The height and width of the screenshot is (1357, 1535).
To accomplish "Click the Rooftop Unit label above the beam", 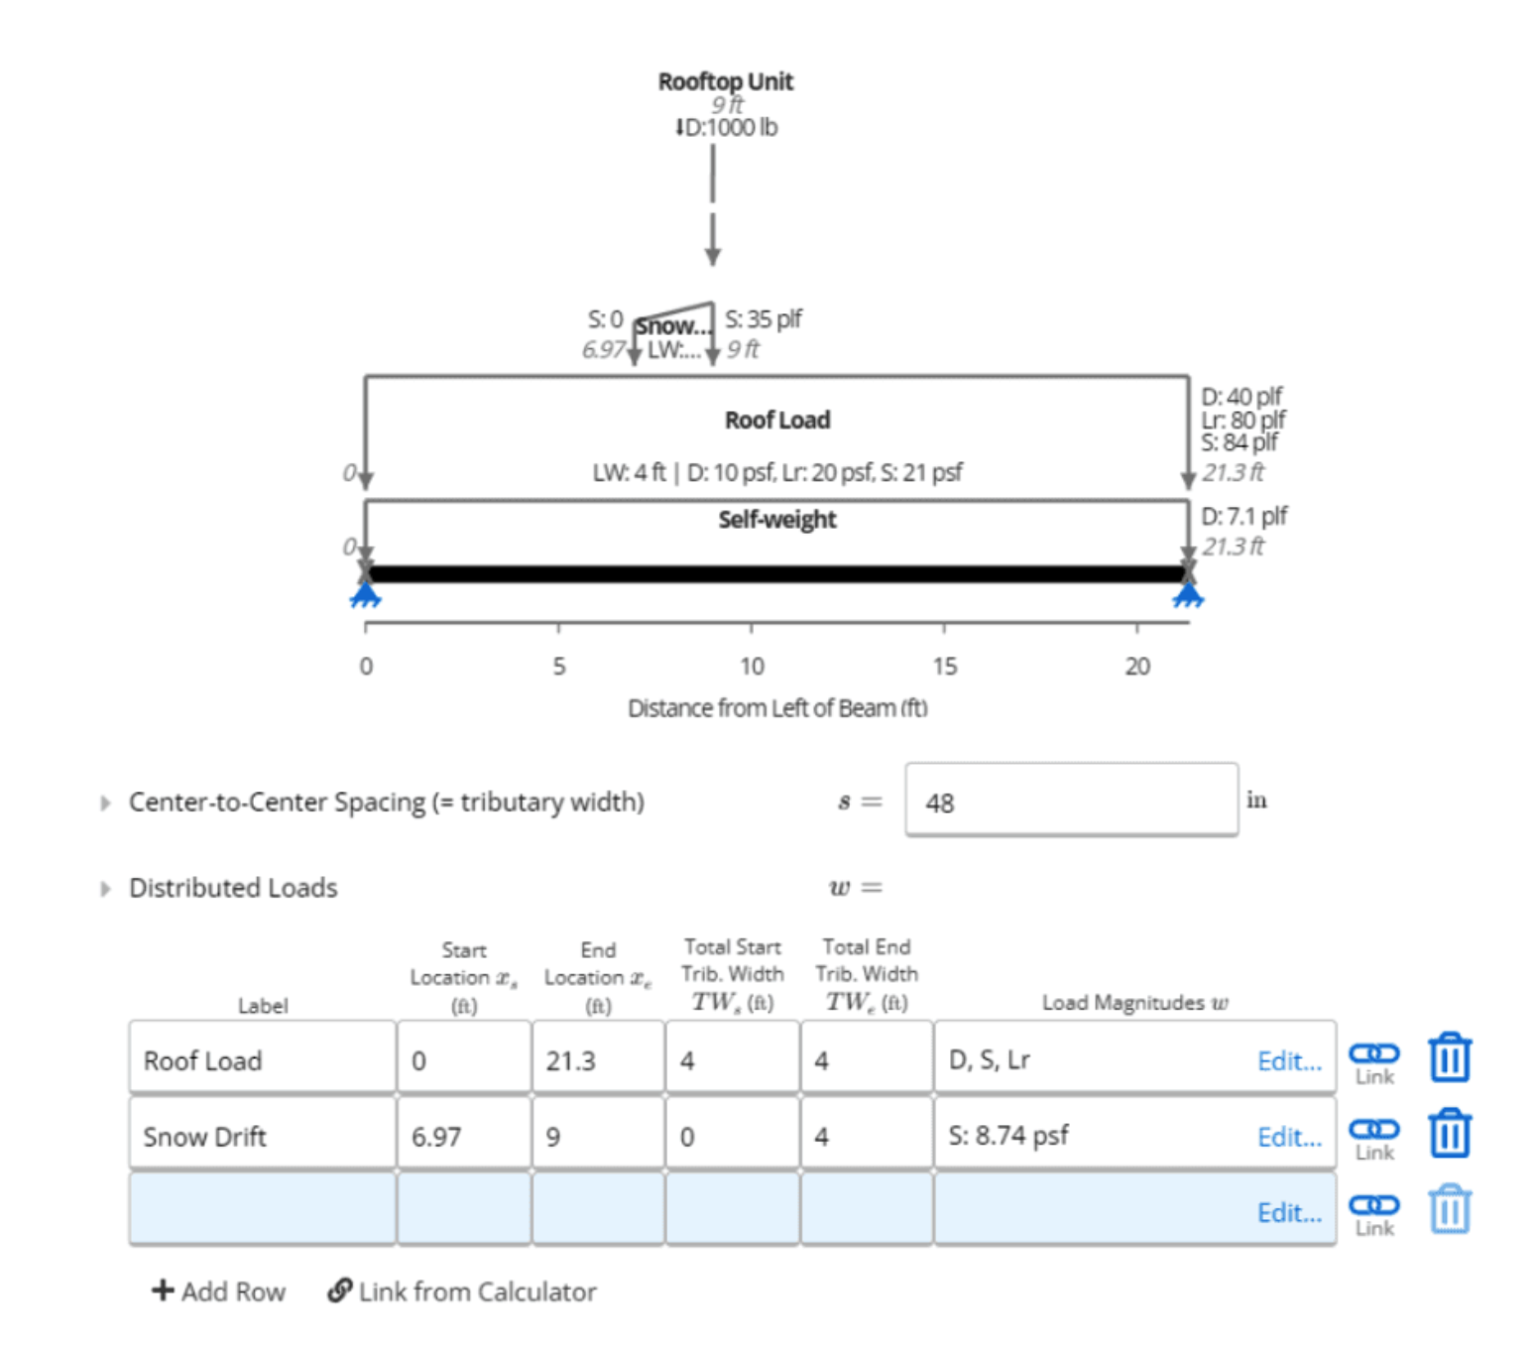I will [725, 81].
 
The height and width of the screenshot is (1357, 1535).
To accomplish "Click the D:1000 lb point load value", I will [727, 127].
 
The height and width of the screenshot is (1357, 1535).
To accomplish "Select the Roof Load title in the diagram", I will [776, 421].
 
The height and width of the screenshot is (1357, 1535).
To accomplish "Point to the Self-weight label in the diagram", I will [776, 520].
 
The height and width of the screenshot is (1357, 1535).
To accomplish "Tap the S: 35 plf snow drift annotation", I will [763, 319].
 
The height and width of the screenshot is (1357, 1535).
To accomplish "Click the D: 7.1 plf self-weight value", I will [1243, 517].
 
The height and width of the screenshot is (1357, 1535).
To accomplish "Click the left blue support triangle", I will [366, 595].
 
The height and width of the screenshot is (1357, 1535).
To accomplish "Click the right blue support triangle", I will [1187, 595].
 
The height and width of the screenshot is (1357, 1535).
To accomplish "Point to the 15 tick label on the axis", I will [944, 667].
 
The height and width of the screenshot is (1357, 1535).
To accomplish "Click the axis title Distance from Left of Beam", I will [776, 708].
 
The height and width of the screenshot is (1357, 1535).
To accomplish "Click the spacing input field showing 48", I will [1070, 802].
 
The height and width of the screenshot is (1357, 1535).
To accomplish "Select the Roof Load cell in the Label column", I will [262, 1060].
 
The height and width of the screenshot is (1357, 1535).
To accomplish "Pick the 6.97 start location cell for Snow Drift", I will [463, 1137].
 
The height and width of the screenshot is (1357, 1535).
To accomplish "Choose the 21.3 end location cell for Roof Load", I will [597, 1060].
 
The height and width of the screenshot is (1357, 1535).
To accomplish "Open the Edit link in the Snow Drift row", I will [1288, 1137].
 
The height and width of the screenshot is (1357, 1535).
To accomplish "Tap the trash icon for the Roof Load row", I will [1449, 1057].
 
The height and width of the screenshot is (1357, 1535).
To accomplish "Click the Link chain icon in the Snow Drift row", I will [1373, 1130].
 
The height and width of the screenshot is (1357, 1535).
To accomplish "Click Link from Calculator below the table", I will [462, 1292].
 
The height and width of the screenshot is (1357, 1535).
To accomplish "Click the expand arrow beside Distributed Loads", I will [105, 889].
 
